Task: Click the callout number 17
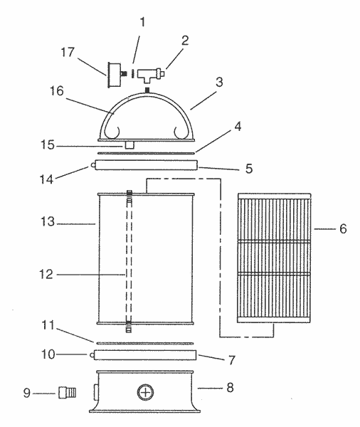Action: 68,51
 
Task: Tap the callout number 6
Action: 343,228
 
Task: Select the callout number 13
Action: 48,221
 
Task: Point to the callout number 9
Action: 27,393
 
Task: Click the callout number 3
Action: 219,82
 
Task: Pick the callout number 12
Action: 46,274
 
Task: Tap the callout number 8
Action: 230,387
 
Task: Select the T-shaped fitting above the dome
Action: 150,75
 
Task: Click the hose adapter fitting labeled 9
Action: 68,393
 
